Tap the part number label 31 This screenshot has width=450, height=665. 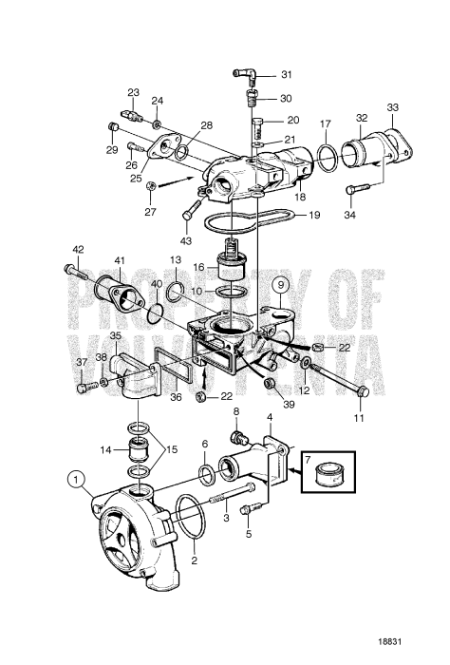tap(288, 75)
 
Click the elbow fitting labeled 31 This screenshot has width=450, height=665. tap(244, 73)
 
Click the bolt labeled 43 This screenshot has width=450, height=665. tap(194, 204)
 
